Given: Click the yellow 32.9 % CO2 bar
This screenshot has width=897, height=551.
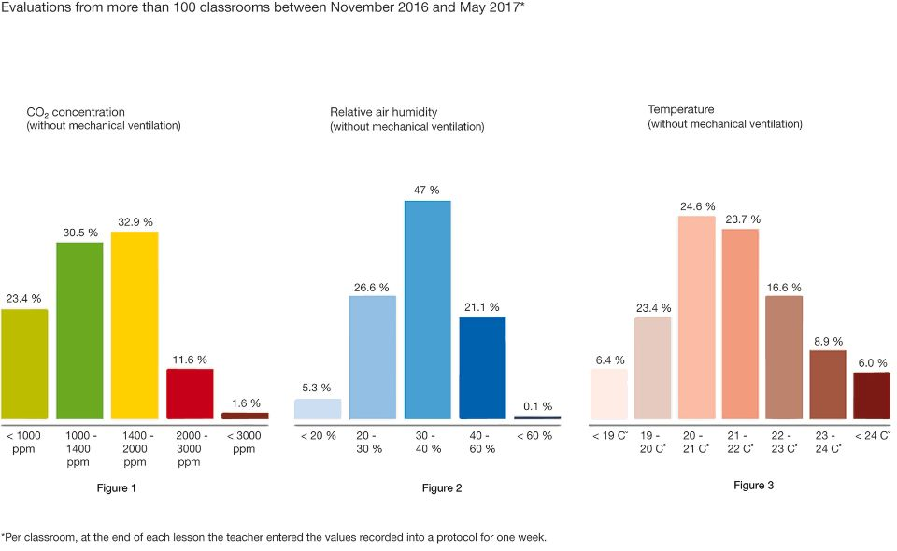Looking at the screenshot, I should tap(135, 325).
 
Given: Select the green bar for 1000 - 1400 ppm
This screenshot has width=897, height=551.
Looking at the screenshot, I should tap(79, 331).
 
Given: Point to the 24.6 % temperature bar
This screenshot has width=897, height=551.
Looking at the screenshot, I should tap(697, 318).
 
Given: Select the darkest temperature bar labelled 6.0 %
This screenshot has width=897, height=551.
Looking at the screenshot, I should tap(872, 396).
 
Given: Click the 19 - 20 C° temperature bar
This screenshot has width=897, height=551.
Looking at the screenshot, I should tap(653, 368).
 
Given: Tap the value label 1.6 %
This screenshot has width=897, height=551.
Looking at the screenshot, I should tap(245, 403).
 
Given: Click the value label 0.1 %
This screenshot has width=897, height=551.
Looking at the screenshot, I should tap(537, 406).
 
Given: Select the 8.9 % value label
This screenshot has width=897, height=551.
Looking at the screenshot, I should tap(827, 341).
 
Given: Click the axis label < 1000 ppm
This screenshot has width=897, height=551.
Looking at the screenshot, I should tap(24, 442).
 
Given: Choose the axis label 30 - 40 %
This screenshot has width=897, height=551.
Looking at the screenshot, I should tap(427, 442).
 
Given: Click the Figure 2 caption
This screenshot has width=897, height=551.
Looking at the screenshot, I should tap(442, 488).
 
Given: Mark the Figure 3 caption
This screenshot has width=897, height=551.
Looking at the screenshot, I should tap(754, 486).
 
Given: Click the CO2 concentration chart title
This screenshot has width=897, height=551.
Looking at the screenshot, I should tap(76, 112).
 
